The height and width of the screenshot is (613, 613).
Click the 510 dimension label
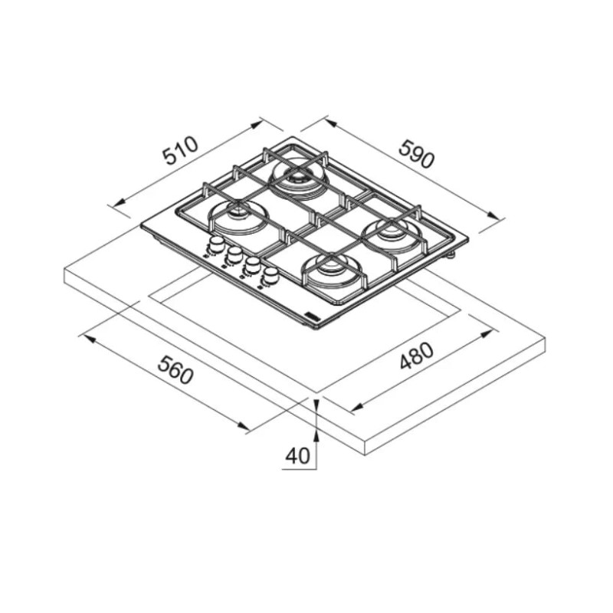tap(182, 150)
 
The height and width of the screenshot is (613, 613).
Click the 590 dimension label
tap(416, 154)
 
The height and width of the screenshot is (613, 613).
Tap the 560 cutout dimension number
tap(175, 370)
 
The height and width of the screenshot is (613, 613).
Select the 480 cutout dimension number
tap(417, 356)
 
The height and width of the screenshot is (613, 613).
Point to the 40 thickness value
tap(297, 455)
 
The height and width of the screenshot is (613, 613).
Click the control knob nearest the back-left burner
tap(215, 244)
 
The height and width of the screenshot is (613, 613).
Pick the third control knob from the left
tap(253, 264)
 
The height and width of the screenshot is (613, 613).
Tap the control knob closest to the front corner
tap(270, 275)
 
